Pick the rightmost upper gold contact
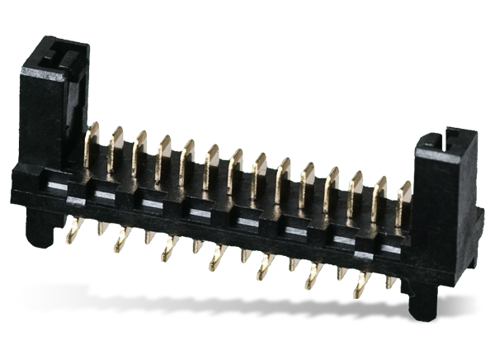point(402,195)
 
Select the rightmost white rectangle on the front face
point(388,247)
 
